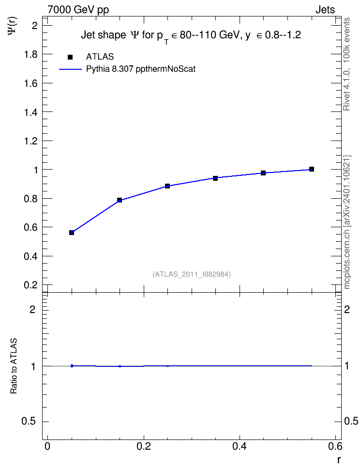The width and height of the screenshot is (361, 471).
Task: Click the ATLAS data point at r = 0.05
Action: pyautogui.click(x=72, y=233)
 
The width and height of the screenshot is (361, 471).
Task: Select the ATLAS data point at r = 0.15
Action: pyautogui.click(x=120, y=200)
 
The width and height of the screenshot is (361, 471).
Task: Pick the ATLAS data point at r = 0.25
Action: pyautogui.click(x=167, y=186)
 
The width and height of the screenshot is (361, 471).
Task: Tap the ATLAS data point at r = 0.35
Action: pyautogui.click(x=215, y=178)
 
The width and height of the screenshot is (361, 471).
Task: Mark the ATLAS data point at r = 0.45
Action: pyautogui.click(x=263, y=173)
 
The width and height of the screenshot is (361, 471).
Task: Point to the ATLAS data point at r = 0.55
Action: pyautogui.click(x=312, y=169)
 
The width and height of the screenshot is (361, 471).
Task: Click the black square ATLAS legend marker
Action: pyautogui.click(x=70, y=57)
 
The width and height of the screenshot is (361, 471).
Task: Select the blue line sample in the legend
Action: pyautogui.click(x=70, y=69)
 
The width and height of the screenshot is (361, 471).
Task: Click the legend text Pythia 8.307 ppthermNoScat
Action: pyautogui.click(x=141, y=69)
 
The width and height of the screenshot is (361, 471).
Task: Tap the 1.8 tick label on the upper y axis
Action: pyautogui.click(x=31, y=54)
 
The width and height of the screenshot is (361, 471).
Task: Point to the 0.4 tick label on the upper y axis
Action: pyautogui.click(x=31, y=256)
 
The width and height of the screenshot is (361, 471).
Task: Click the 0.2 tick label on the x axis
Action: pyautogui.click(x=143, y=446)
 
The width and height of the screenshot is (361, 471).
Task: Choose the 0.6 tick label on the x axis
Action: pyautogui.click(x=335, y=446)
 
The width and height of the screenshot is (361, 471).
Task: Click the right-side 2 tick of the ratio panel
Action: pyautogui.click(x=347, y=309)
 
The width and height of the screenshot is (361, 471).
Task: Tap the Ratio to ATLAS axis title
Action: pyautogui.click(x=14, y=366)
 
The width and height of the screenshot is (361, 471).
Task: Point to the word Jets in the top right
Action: pyautogui.click(x=325, y=10)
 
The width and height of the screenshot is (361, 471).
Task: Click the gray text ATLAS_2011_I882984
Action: pyautogui.click(x=192, y=274)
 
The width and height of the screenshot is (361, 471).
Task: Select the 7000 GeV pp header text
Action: pyautogui.click(x=78, y=10)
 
